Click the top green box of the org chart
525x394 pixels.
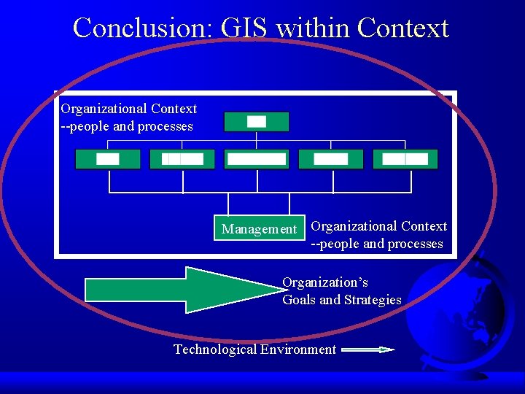256,122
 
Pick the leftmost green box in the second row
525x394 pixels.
107,159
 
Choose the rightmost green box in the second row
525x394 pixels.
405,159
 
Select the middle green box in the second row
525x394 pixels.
256,159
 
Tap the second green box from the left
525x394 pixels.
182,159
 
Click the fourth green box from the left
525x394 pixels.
330,159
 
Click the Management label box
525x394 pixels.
259,229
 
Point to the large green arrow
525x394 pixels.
182,289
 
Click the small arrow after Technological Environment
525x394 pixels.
368,350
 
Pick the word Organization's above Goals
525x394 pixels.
325,282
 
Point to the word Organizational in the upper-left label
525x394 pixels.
103,109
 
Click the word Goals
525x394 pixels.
299,300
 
